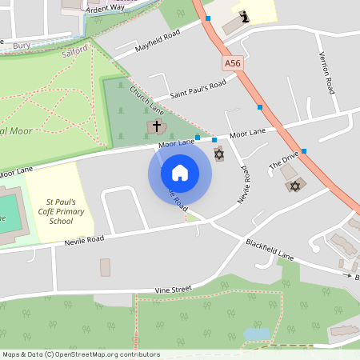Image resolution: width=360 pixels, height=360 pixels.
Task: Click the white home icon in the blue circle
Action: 180,172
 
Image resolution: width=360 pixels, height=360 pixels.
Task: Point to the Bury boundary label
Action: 21,46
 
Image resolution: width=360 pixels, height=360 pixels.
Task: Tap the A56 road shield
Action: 232,62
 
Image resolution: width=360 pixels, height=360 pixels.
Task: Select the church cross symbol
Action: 157,126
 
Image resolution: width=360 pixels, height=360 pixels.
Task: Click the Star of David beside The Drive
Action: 294,186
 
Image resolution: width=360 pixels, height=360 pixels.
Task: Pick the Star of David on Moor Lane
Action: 219,154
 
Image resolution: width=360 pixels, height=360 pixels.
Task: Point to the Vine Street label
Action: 174,288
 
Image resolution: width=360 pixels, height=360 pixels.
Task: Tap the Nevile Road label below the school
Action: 85,239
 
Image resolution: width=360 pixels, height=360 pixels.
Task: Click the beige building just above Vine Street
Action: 106,267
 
